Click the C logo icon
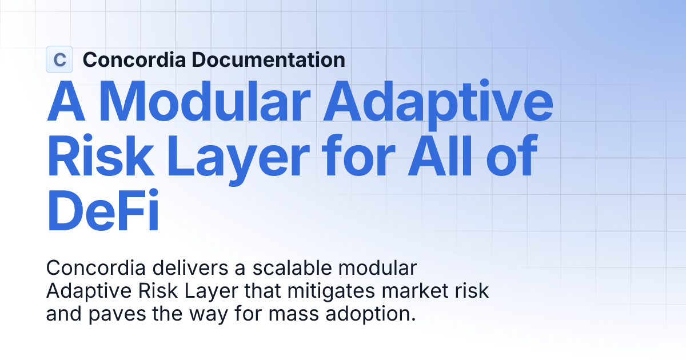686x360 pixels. [59, 59]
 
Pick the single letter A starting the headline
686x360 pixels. [66, 103]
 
